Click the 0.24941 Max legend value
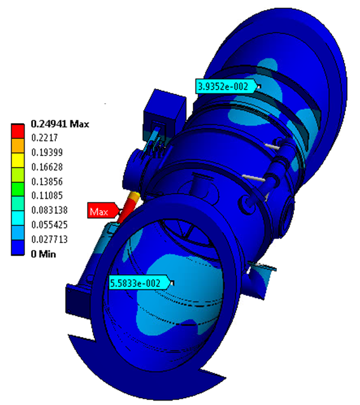pyautogui.click(x=60, y=124)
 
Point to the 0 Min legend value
pyautogui.click(x=43, y=254)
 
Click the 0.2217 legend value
pyautogui.click(x=44, y=138)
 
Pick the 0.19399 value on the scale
pyautogui.click(x=47, y=152)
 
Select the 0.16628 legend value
pyautogui.click(x=47, y=167)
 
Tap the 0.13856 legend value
pyautogui.click(x=47, y=182)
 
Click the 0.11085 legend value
pyautogui.click(x=47, y=196)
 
